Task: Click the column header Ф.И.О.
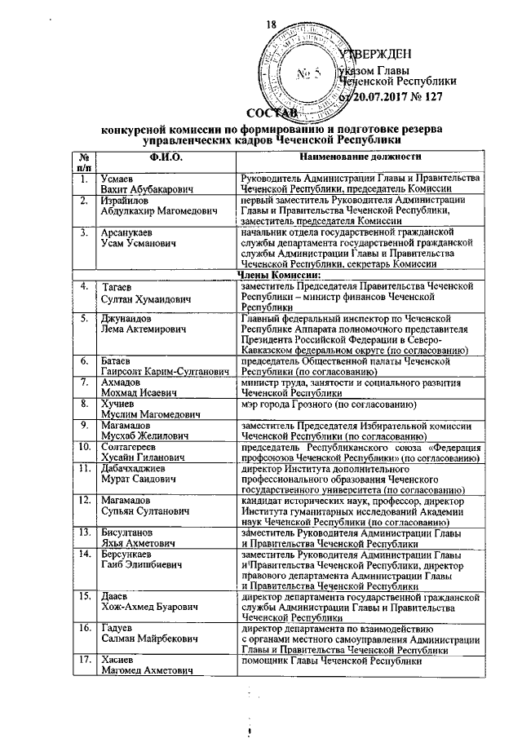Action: pyautogui.click(x=165, y=156)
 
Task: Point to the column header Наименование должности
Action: pyautogui.click(x=360, y=156)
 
